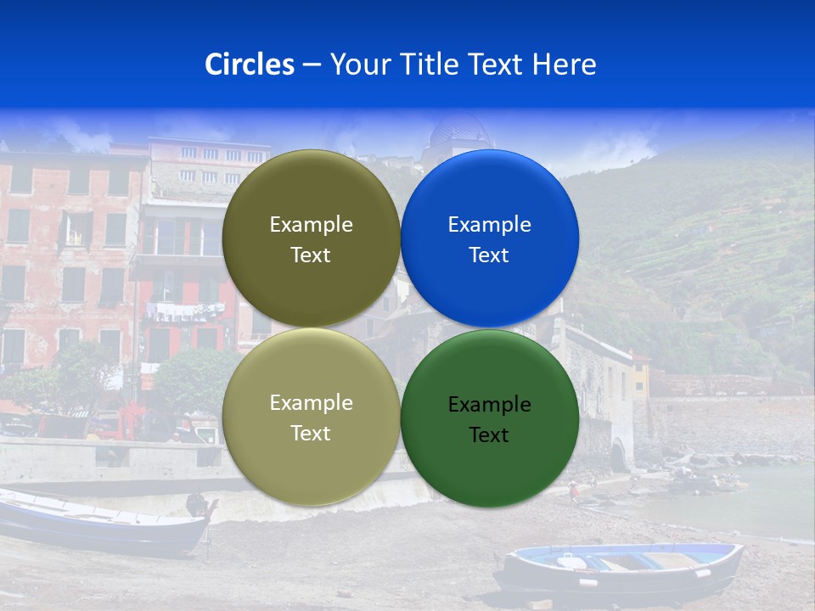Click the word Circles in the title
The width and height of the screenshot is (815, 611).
(x=249, y=64)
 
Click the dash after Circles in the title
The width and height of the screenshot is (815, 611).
(x=312, y=65)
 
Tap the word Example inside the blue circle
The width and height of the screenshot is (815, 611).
(x=490, y=225)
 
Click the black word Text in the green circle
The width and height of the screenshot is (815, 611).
(x=489, y=435)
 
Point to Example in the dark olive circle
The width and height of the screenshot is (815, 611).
(x=311, y=225)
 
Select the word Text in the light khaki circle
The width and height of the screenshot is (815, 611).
(x=311, y=434)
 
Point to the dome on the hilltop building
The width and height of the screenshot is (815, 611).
(x=459, y=131)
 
